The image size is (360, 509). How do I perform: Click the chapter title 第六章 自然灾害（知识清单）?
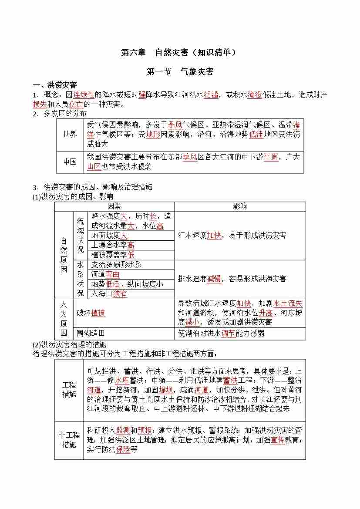(179, 52)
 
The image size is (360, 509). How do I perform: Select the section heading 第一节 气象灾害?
(180, 72)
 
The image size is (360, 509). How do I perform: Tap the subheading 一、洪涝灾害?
(55, 85)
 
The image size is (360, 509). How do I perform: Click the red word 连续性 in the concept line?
(84, 94)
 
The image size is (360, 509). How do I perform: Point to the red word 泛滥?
(211, 94)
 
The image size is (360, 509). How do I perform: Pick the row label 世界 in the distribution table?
(70, 135)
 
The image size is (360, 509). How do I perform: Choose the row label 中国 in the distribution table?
(70, 162)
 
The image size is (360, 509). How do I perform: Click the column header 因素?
(114, 206)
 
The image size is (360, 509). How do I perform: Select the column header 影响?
(239, 206)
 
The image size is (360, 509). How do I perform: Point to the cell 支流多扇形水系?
(116, 265)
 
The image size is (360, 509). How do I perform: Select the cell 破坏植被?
(91, 313)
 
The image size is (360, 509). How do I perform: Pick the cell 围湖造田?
(91, 333)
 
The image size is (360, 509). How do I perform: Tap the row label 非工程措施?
(69, 439)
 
